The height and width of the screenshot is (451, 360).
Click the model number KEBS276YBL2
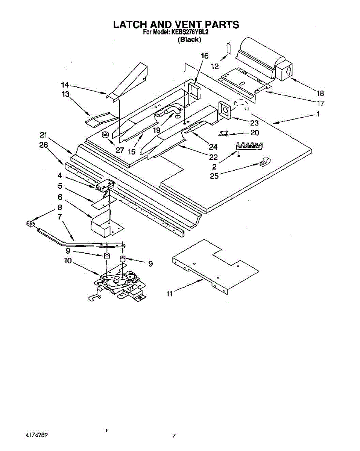click(x=190, y=32)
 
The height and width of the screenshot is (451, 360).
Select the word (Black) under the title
click(x=189, y=39)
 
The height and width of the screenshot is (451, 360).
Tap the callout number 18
click(x=321, y=93)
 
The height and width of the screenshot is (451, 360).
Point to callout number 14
click(x=65, y=85)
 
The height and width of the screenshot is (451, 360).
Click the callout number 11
click(x=169, y=294)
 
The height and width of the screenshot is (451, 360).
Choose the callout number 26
click(x=44, y=145)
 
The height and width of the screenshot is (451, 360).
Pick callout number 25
click(x=214, y=176)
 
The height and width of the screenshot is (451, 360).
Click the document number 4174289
click(x=36, y=435)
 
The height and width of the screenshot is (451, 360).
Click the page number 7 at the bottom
click(x=174, y=436)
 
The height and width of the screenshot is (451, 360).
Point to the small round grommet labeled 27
click(x=106, y=135)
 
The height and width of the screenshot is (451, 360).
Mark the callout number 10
click(x=68, y=260)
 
